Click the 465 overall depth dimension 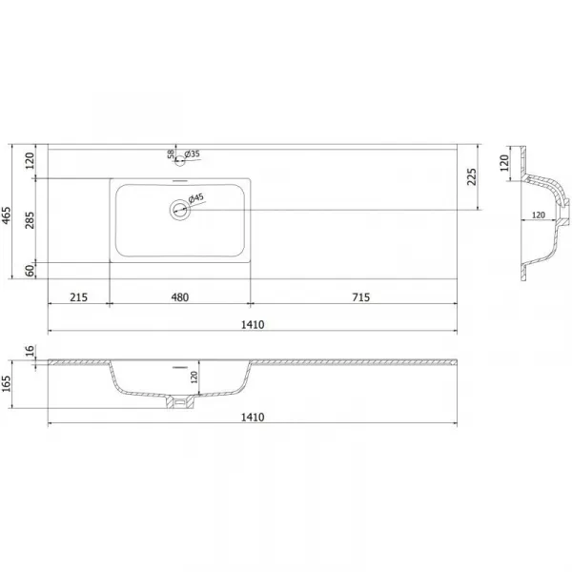[x=7, y=215]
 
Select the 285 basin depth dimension [x=30, y=220]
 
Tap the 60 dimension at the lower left [x=30, y=271]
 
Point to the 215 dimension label [x=79, y=297]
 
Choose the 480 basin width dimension [x=180, y=297]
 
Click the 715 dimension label [x=361, y=297]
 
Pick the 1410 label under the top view [x=253, y=325]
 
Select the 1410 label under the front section [x=253, y=417]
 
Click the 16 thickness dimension [x=30, y=351]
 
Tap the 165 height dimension [x=7, y=384]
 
